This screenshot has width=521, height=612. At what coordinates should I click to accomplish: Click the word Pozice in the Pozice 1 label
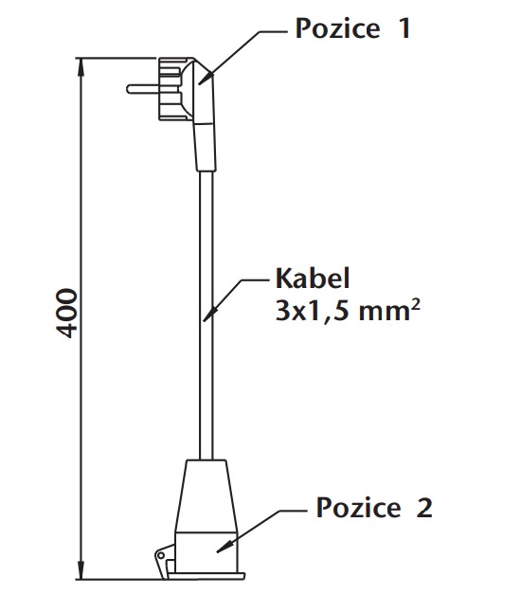[x=335, y=28]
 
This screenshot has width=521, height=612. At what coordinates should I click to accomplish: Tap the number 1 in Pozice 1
[x=404, y=28]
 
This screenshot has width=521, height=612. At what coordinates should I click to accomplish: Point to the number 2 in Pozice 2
[x=423, y=508]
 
